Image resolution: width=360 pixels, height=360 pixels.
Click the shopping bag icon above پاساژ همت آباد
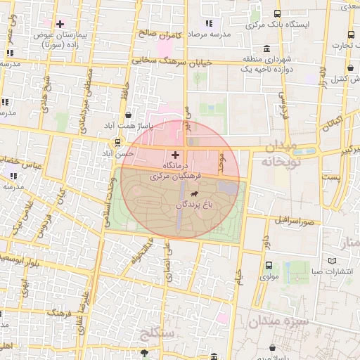click(x=127, y=115)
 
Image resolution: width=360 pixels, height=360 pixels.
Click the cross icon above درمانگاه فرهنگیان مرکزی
click(x=175, y=154)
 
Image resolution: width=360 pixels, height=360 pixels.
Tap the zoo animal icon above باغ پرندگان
click(x=194, y=193)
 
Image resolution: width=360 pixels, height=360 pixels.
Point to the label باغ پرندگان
click(x=193, y=205)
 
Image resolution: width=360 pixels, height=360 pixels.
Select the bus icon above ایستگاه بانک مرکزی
click(x=278, y=13)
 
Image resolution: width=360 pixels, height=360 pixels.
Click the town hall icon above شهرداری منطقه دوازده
click(x=266, y=49)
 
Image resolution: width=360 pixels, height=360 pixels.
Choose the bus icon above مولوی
click(x=269, y=265)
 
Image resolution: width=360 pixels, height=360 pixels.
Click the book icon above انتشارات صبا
click(x=313, y=262)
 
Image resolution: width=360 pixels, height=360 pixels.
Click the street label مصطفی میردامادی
click(x=86, y=94)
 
